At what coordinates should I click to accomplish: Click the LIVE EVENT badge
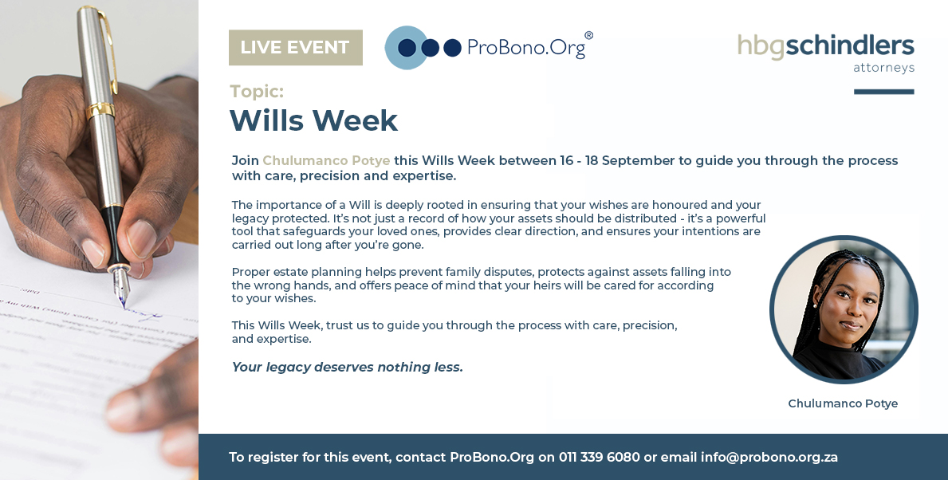pyautogui.click(x=296, y=47)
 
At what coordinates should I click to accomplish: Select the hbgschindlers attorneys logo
pyautogui.click(x=826, y=53)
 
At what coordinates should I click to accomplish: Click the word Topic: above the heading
pyautogui.click(x=257, y=91)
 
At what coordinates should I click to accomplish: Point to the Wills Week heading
pyautogui.click(x=314, y=120)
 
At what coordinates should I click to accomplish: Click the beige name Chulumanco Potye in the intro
pyautogui.click(x=326, y=161)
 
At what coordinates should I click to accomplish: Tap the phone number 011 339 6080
pyautogui.click(x=599, y=457)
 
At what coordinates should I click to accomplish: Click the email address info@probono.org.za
pyautogui.click(x=769, y=458)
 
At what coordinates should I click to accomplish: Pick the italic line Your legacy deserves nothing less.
pyautogui.click(x=348, y=367)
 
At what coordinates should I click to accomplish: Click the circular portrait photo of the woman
pyautogui.click(x=844, y=309)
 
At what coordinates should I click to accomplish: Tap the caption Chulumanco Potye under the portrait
pyautogui.click(x=843, y=403)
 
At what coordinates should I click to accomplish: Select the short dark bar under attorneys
pyautogui.click(x=884, y=92)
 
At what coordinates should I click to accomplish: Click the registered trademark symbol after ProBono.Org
pyautogui.click(x=589, y=36)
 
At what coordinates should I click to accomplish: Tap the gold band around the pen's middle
pyautogui.click(x=100, y=110)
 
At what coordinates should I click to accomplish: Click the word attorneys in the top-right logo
pyautogui.click(x=884, y=68)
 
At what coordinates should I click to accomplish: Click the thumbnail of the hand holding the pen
pyautogui.click(x=99, y=240)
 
